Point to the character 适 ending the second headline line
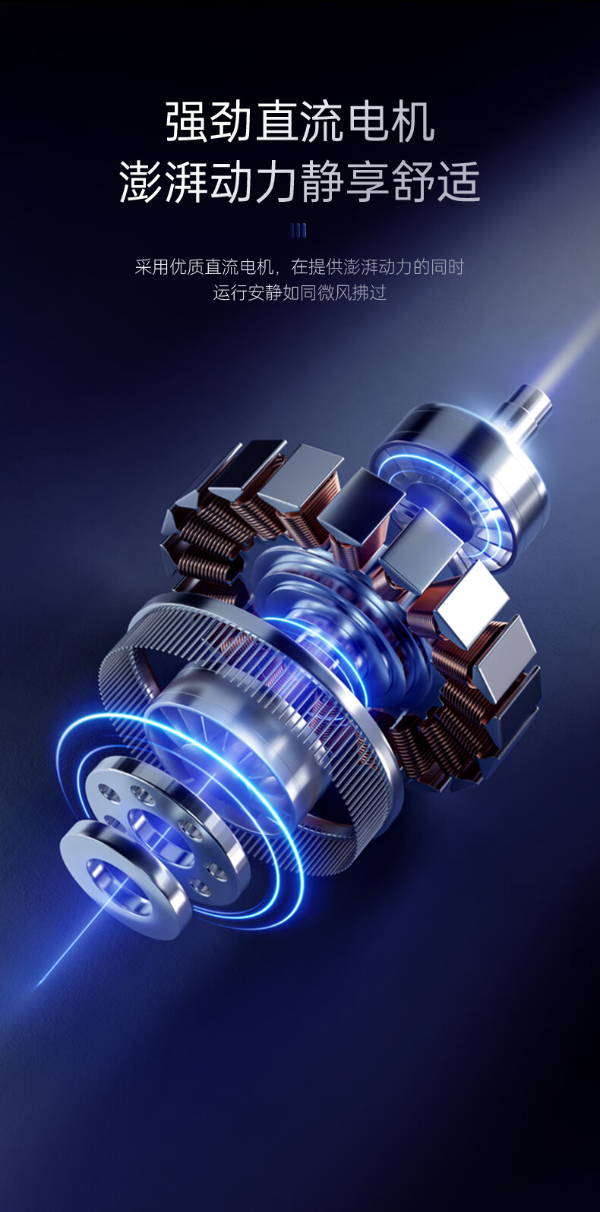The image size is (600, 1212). pyautogui.click(x=459, y=181)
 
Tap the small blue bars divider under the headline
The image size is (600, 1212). pyautogui.click(x=299, y=231)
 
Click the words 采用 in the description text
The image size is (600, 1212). pyautogui.click(x=152, y=266)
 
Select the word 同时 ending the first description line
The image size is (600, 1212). pyautogui.click(x=447, y=266)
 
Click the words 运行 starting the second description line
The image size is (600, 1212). pyautogui.click(x=230, y=292)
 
